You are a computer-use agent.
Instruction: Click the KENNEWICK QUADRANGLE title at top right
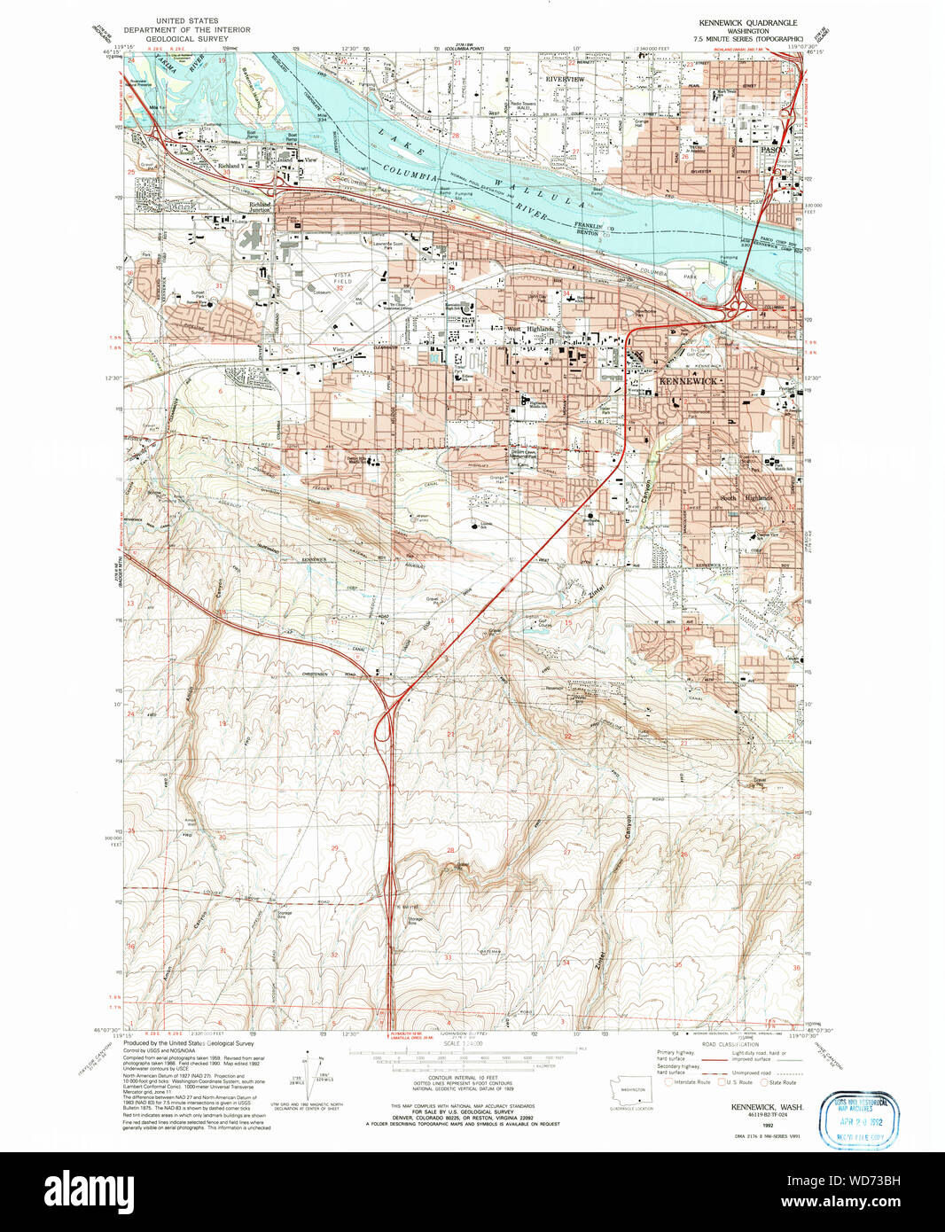[x=747, y=22]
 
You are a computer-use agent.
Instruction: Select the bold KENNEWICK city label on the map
[x=688, y=381]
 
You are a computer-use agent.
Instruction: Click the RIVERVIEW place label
[x=565, y=80]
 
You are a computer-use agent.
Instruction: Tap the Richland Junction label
[x=260, y=207]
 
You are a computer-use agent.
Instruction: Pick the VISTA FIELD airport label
[x=341, y=278]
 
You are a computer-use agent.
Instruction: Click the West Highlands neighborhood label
[x=531, y=329]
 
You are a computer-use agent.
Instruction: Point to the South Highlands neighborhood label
[x=746, y=498]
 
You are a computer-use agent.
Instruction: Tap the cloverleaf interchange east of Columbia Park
[x=735, y=309]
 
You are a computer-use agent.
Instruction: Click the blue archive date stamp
[x=859, y=1119]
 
